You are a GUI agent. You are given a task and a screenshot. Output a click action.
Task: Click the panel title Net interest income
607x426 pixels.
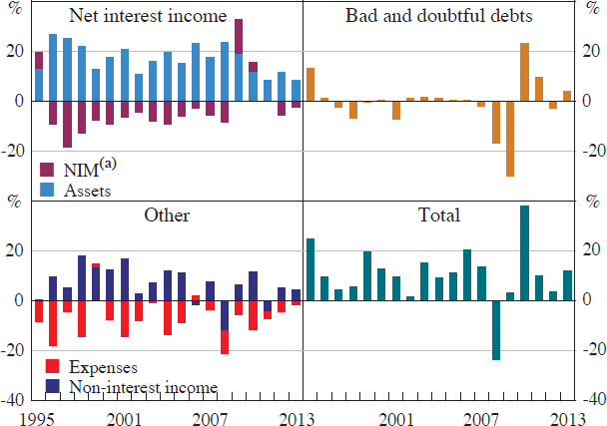point(148,18)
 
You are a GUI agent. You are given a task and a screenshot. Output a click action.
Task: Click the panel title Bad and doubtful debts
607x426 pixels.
point(437,18)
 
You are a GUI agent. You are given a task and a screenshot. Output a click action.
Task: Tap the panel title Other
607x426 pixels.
point(167,214)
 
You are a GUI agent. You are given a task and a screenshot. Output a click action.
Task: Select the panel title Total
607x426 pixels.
point(438,214)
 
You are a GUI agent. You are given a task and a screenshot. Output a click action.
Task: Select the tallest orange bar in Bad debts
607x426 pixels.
point(524,72)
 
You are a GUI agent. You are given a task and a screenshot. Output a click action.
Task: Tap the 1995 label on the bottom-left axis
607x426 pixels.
point(37,417)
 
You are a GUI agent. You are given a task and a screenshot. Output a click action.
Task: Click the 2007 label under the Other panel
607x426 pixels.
point(209,417)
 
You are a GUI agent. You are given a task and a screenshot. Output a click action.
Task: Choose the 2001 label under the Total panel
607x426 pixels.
point(396,417)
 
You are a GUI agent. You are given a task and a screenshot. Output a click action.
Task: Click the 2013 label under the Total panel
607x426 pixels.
point(567,417)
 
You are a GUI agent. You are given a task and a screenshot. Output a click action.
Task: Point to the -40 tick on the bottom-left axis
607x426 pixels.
point(15,398)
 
